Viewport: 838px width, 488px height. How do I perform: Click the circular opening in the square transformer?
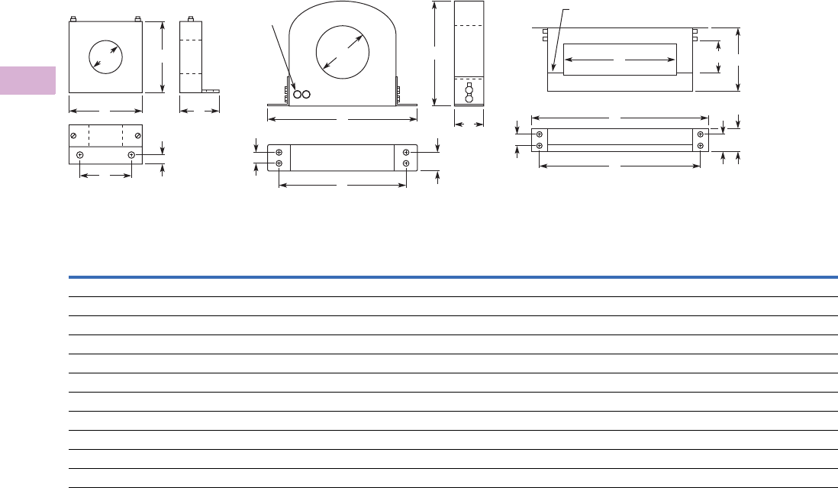[x=105, y=57]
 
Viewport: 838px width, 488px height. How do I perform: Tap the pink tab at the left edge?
[x=27, y=81]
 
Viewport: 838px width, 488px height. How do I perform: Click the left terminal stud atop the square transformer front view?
[x=73, y=19]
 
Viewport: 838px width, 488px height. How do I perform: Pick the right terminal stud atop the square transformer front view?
[x=137, y=19]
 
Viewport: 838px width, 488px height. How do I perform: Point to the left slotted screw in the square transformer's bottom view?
[x=73, y=136]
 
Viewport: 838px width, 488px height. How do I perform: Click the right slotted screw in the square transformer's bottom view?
[x=137, y=136]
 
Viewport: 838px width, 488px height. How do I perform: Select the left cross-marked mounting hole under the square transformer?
[x=80, y=155]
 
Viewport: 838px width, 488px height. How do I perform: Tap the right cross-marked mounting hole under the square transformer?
[x=131, y=155]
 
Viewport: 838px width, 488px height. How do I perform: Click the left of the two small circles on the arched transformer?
[x=298, y=95]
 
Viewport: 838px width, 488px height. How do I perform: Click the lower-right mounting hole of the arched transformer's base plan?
[x=406, y=163]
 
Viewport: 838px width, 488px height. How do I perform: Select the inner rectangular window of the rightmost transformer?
[x=619, y=60]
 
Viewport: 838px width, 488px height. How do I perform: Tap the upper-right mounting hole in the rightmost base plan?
[x=701, y=134]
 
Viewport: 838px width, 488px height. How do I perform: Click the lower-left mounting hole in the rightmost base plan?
[x=540, y=145]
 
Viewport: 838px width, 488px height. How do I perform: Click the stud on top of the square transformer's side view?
[x=190, y=19]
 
